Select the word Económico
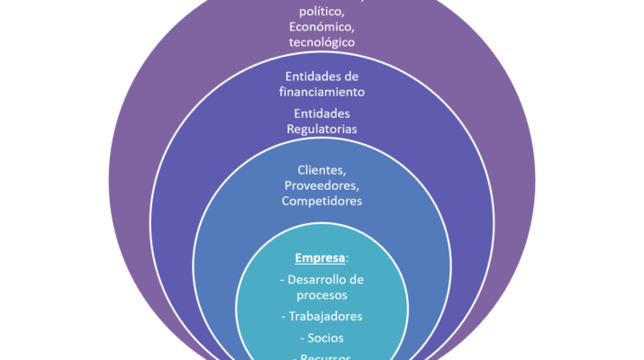tap(321, 26)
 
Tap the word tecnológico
tap(322, 41)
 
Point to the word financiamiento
tap(322, 91)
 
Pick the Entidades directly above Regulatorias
tap(322, 112)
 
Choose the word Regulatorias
tap(322, 129)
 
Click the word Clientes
tap(320, 169)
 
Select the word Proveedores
tap(322, 184)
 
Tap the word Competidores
tap(322, 201)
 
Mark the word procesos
tap(322, 294)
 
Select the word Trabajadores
tap(325, 316)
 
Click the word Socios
tap(325, 337)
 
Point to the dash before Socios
tap(303, 337)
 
